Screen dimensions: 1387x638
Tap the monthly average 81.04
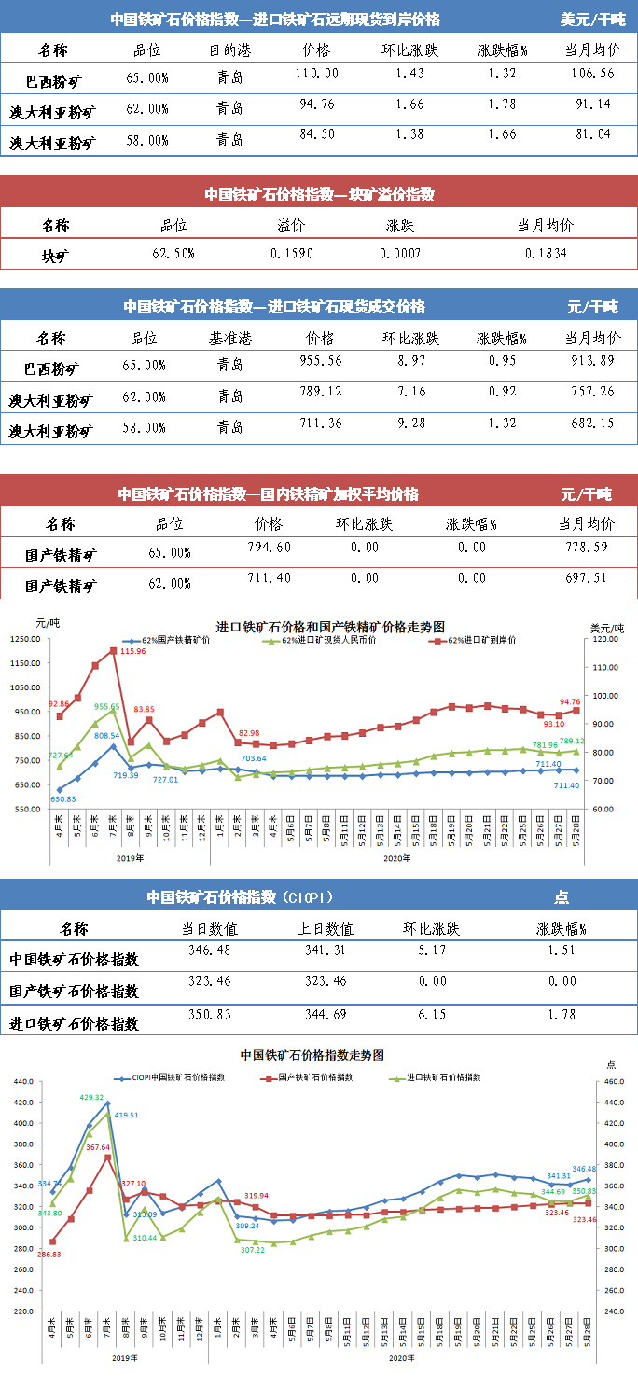(592, 140)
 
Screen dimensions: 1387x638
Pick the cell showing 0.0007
(400, 253)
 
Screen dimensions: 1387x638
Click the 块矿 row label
(55, 254)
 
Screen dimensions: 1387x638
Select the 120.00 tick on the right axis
(606, 639)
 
